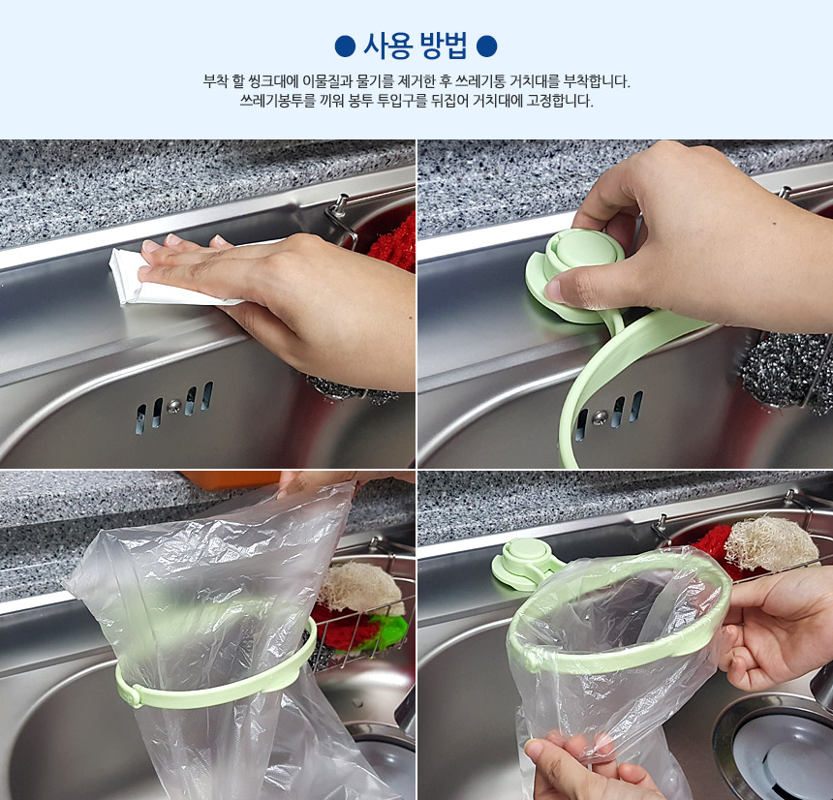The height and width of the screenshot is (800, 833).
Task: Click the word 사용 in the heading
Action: pyautogui.click(x=387, y=46)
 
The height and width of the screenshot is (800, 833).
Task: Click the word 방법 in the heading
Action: pyautogui.click(x=444, y=46)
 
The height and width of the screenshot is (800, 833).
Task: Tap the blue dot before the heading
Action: pyautogui.click(x=345, y=46)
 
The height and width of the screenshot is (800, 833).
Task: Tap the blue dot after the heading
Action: pyautogui.click(x=486, y=46)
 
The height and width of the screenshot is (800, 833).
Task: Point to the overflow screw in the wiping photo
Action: pyautogui.click(x=173, y=407)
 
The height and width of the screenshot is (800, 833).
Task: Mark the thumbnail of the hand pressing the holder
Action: pyautogui.click(x=552, y=291)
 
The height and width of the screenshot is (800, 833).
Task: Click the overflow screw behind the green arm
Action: pyautogui.click(x=601, y=417)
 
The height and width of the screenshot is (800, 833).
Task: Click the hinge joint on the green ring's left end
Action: pyautogui.click(x=131, y=693)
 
